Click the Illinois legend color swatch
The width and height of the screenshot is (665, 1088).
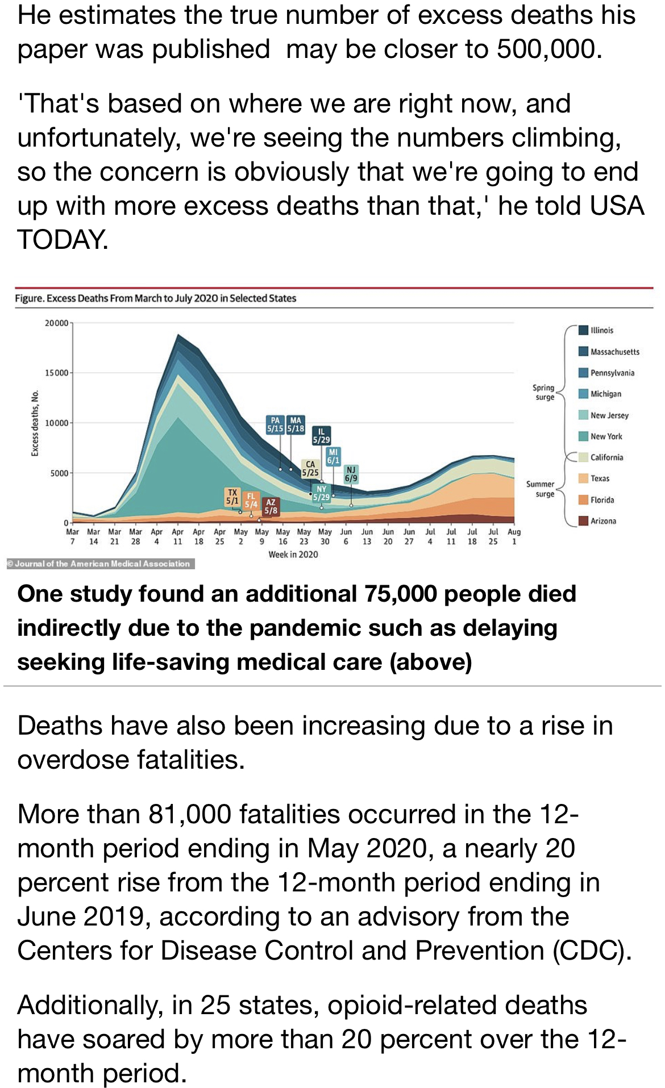click(583, 330)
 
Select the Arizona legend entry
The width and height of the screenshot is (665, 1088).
click(597, 521)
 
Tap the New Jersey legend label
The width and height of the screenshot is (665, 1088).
click(610, 415)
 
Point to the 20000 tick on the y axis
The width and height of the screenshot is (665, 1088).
click(57, 323)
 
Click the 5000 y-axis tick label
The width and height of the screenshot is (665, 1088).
click(59, 473)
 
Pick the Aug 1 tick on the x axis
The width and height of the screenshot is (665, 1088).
click(514, 536)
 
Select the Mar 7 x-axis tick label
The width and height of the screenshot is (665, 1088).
click(72, 536)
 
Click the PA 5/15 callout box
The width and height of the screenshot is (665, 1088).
click(276, 424)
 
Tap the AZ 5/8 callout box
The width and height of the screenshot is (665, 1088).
click(271, 506)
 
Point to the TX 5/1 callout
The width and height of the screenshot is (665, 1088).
click(232, 497)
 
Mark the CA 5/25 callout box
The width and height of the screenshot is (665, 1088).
click(310, 469)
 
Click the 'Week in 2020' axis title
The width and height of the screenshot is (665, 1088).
click(293, 555)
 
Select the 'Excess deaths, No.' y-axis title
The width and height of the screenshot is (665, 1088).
click(35, 423)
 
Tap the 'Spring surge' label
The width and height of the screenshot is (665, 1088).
click(543, 393)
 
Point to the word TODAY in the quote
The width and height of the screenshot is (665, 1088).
click(62, 239)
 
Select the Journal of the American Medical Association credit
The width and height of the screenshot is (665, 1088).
click(100, 564)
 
